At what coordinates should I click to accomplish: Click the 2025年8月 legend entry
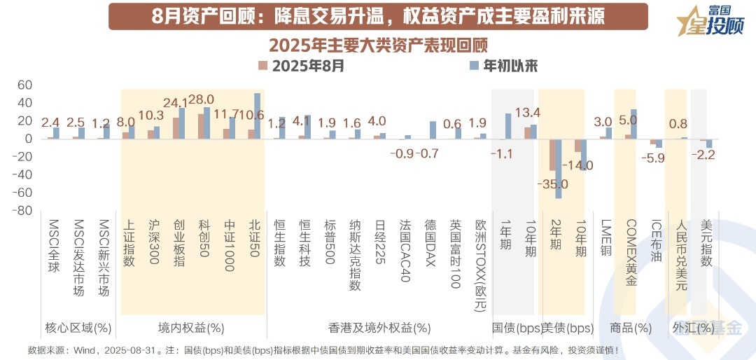pyautogui.click(x=301, y=67)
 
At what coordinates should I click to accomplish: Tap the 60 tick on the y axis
pyautogui.click(x=24, y=85)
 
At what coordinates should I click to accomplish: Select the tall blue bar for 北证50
pyautogui.click(x=257, y=116)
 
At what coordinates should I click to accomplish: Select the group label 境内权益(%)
pyautogui.click(x=191, y=327)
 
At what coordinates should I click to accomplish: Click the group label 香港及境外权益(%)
pyautogui.click(x=379, y=327)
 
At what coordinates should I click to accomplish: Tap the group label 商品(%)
pyautogui.click(x=631, y=327)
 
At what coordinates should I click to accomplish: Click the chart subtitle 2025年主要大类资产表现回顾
pyautogui.click(x=378, y=45)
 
